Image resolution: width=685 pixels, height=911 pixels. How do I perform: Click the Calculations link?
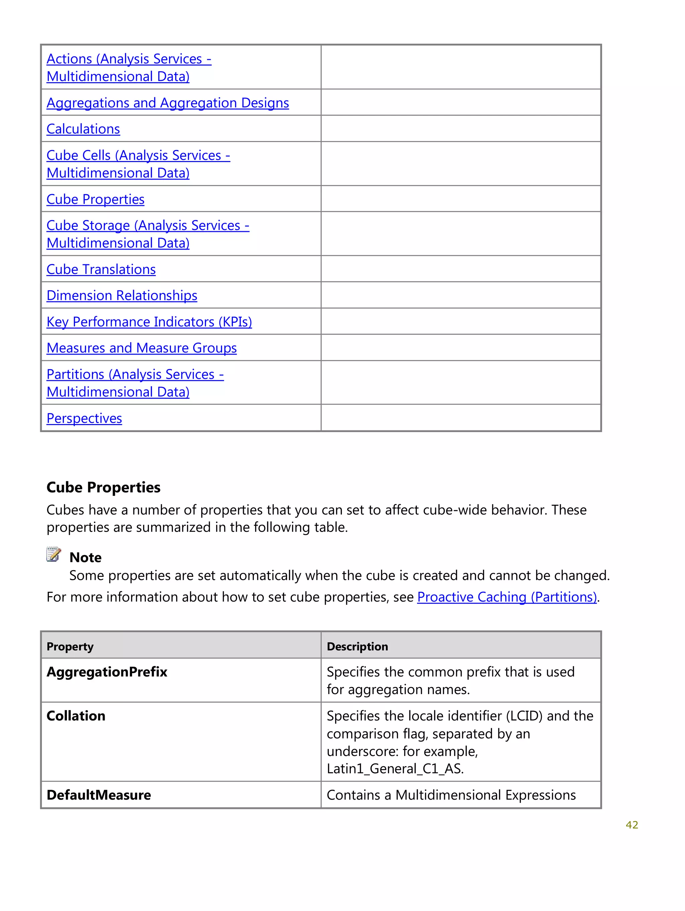(83, 129)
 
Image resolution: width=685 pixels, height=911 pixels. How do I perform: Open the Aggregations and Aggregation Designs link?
(167, 103)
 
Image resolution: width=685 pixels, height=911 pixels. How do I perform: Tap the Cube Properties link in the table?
(95, 199)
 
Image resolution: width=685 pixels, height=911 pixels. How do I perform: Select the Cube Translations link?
(101, 269)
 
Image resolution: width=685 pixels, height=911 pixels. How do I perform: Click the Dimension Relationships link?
(122, 296)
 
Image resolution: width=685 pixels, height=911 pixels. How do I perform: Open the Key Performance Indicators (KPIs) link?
(149, 321)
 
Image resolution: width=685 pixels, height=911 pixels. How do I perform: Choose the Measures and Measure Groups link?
(141, 348)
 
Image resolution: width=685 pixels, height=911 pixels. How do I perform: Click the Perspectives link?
(84, 418)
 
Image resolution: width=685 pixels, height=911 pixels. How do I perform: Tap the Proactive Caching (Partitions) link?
(506, 597)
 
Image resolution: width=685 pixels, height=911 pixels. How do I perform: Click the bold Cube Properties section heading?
(103, 487)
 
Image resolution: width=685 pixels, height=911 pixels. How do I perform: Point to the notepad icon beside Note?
(54, 554)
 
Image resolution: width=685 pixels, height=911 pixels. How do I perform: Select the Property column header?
(70, 647)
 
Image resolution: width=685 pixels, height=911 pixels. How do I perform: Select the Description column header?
(357, 647)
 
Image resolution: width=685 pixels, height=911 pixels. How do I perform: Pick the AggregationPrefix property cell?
(107, 672)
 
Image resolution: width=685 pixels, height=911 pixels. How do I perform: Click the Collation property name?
(76, 716)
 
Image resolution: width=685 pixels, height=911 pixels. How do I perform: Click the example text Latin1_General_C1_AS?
(395, 769)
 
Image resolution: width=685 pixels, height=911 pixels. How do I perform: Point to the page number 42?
(631, 824)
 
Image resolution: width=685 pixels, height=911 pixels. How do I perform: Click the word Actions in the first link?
(69, 59)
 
